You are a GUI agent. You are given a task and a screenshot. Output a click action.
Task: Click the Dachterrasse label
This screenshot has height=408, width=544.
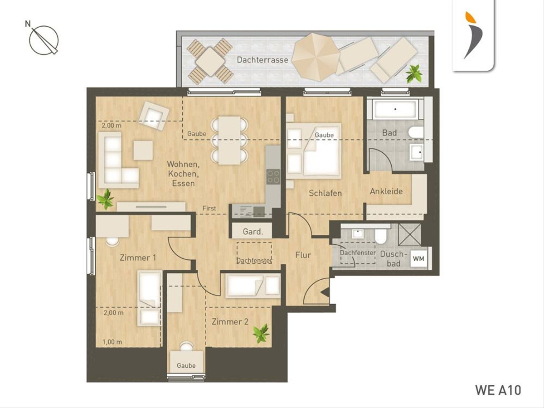(262, 60)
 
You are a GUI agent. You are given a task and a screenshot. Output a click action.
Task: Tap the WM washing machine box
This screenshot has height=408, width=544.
(418, 259)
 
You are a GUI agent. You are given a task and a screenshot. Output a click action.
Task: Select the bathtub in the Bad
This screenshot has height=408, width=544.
(395, 109)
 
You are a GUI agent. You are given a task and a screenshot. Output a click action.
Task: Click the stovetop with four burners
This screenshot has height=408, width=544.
(273, 177)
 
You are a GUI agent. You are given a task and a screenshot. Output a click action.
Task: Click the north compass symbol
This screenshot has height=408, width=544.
(43, 39)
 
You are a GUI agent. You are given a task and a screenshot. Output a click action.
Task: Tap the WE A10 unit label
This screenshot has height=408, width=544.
(498, 390)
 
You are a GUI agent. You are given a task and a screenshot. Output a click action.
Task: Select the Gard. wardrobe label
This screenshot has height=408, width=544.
(253, 232)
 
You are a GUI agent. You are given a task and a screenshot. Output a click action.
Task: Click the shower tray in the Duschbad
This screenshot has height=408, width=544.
(409, 234)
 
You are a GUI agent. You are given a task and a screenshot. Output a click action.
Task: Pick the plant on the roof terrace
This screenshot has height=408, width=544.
(414, 73)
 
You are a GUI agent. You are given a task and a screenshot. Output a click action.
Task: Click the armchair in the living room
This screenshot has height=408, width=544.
(154, 116)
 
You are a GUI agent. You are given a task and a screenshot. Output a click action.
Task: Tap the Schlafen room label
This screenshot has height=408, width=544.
(325, 193)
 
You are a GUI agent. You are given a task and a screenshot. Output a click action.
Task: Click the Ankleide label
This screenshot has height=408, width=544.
(386, 191)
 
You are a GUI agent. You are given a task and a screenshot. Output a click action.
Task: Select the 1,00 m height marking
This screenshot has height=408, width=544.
(112, 342)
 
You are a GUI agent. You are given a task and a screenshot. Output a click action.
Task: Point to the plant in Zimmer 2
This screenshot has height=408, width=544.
(261, 333)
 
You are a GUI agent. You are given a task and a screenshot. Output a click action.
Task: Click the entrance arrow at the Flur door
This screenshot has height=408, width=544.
(325, 292)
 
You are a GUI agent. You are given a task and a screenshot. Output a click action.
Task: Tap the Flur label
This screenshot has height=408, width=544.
(303, 255)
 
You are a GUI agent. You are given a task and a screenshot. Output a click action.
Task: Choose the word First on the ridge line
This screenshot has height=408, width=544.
(209, 209)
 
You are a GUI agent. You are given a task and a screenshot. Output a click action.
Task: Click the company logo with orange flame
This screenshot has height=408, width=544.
(473, 35)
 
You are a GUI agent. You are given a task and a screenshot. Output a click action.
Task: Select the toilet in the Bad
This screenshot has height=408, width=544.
(416, 132)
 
